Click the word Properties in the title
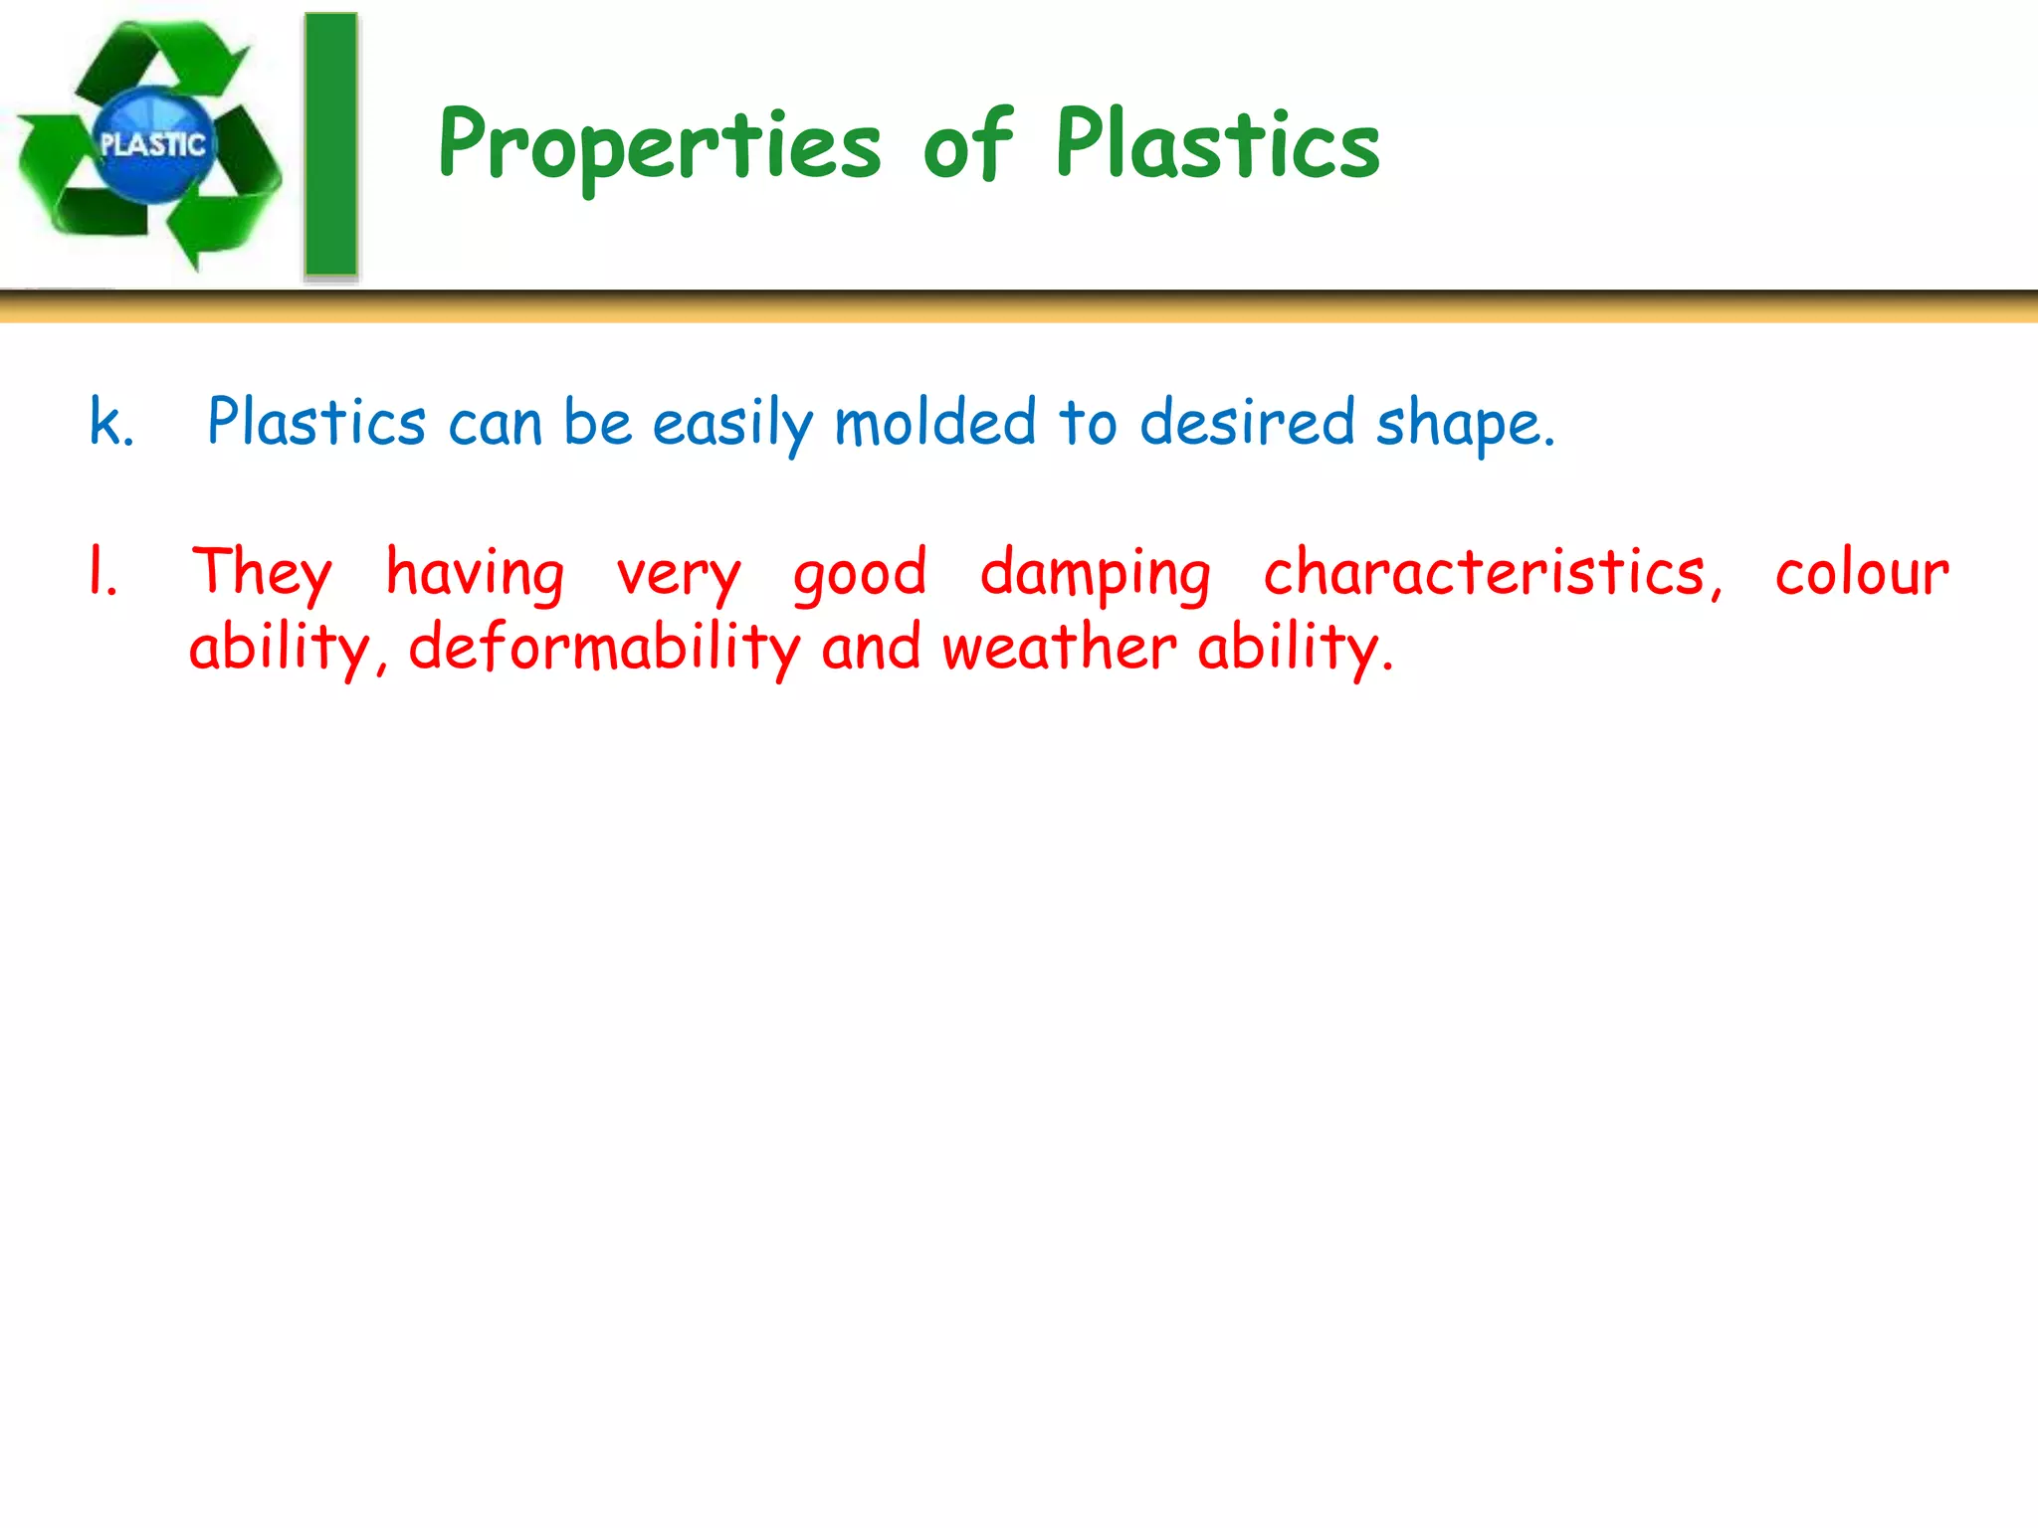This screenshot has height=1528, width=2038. point(659,147)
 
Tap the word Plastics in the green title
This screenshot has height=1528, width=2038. point(1217,145)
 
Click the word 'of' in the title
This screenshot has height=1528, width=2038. point(967,145)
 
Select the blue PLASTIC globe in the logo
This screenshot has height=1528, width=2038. point(152,145)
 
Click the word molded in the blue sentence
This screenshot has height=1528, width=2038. point(935,422)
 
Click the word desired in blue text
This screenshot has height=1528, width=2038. point(1247,422)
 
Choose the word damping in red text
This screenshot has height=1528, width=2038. point(1095,575)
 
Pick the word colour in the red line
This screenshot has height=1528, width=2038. point(1862,575)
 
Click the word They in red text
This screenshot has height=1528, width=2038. point(262,573)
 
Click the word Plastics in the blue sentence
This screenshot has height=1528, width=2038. point(316,422)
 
